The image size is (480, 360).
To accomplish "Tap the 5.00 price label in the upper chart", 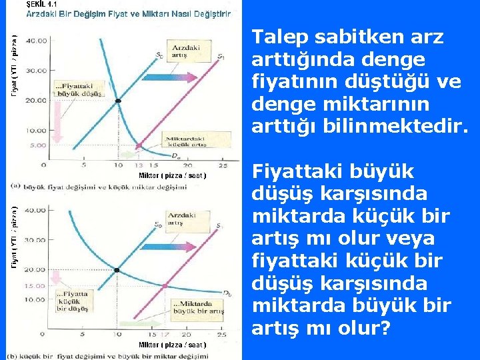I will [x=37, y=145].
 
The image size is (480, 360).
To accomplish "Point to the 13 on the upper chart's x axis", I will [x=139, y=165].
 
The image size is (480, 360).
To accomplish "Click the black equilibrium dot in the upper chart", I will [x=118, y=101].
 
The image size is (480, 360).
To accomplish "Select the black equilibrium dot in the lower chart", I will [x=117, y=271].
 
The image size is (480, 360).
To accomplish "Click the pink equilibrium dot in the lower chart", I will [x=165, y=286].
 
